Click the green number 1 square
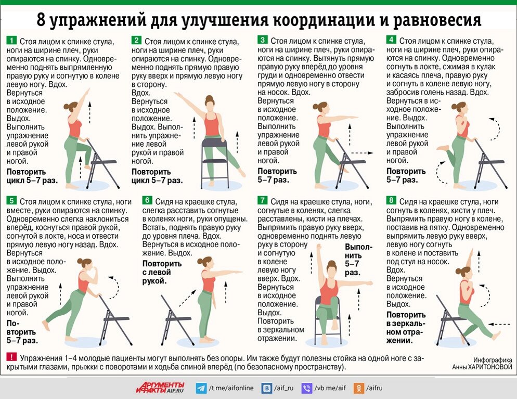[10, 41]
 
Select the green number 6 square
[147, 201]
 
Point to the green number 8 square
[391, 201]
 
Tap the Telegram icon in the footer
[201, 388]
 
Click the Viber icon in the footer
[307, 388]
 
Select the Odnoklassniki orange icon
[359, 388]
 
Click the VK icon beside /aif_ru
[267, 388]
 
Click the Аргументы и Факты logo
[160, 387]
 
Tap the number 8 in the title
[42, 20]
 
